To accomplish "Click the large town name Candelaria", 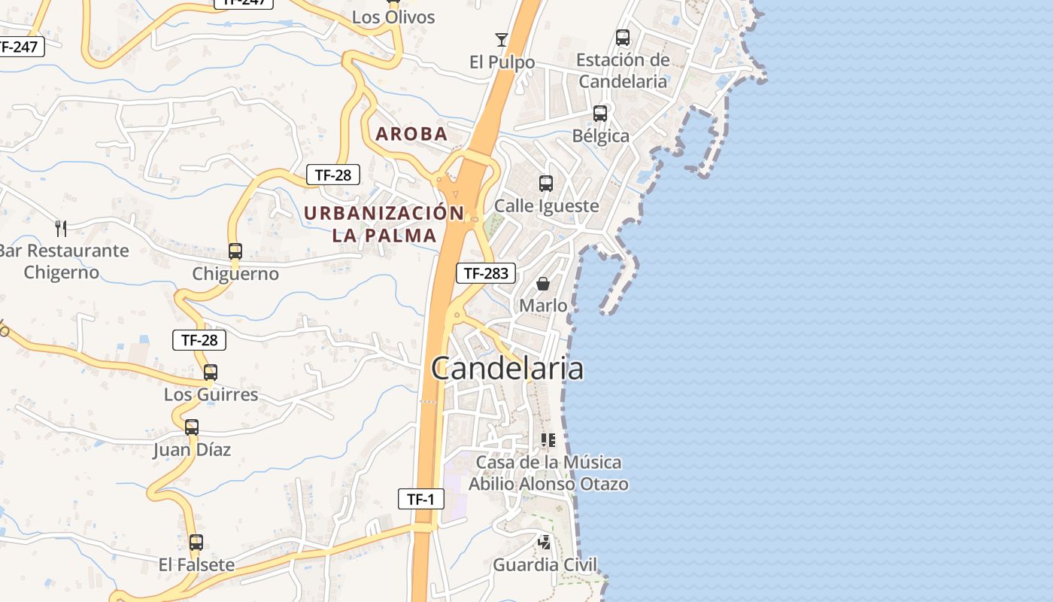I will click(507, 369).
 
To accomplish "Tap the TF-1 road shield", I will click(420, 498).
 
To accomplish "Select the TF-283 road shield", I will click(485, 273).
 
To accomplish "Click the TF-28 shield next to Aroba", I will click(332, 175).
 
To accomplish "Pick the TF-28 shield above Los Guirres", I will click(199, 340).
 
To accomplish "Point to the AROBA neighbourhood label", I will click(411, 135).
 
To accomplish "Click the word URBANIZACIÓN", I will click(384, 213).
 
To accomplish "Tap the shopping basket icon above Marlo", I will click(543, 284).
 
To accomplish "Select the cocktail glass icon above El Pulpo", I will click(502, 39).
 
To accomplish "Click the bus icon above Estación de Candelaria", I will click(623, 37).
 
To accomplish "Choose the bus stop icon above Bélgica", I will click(600, 114).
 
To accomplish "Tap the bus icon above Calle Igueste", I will click(546, 183).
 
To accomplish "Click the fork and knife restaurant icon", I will click(61, 228).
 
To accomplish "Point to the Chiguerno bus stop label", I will click(235, 274).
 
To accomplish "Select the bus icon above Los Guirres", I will click(211, 372).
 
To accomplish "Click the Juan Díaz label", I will click(192, 450).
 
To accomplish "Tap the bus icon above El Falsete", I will click(196, 542).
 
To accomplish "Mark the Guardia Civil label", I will click(545, 564).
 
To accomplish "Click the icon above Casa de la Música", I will click(548, 439).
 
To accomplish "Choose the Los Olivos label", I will click(393, 17).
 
